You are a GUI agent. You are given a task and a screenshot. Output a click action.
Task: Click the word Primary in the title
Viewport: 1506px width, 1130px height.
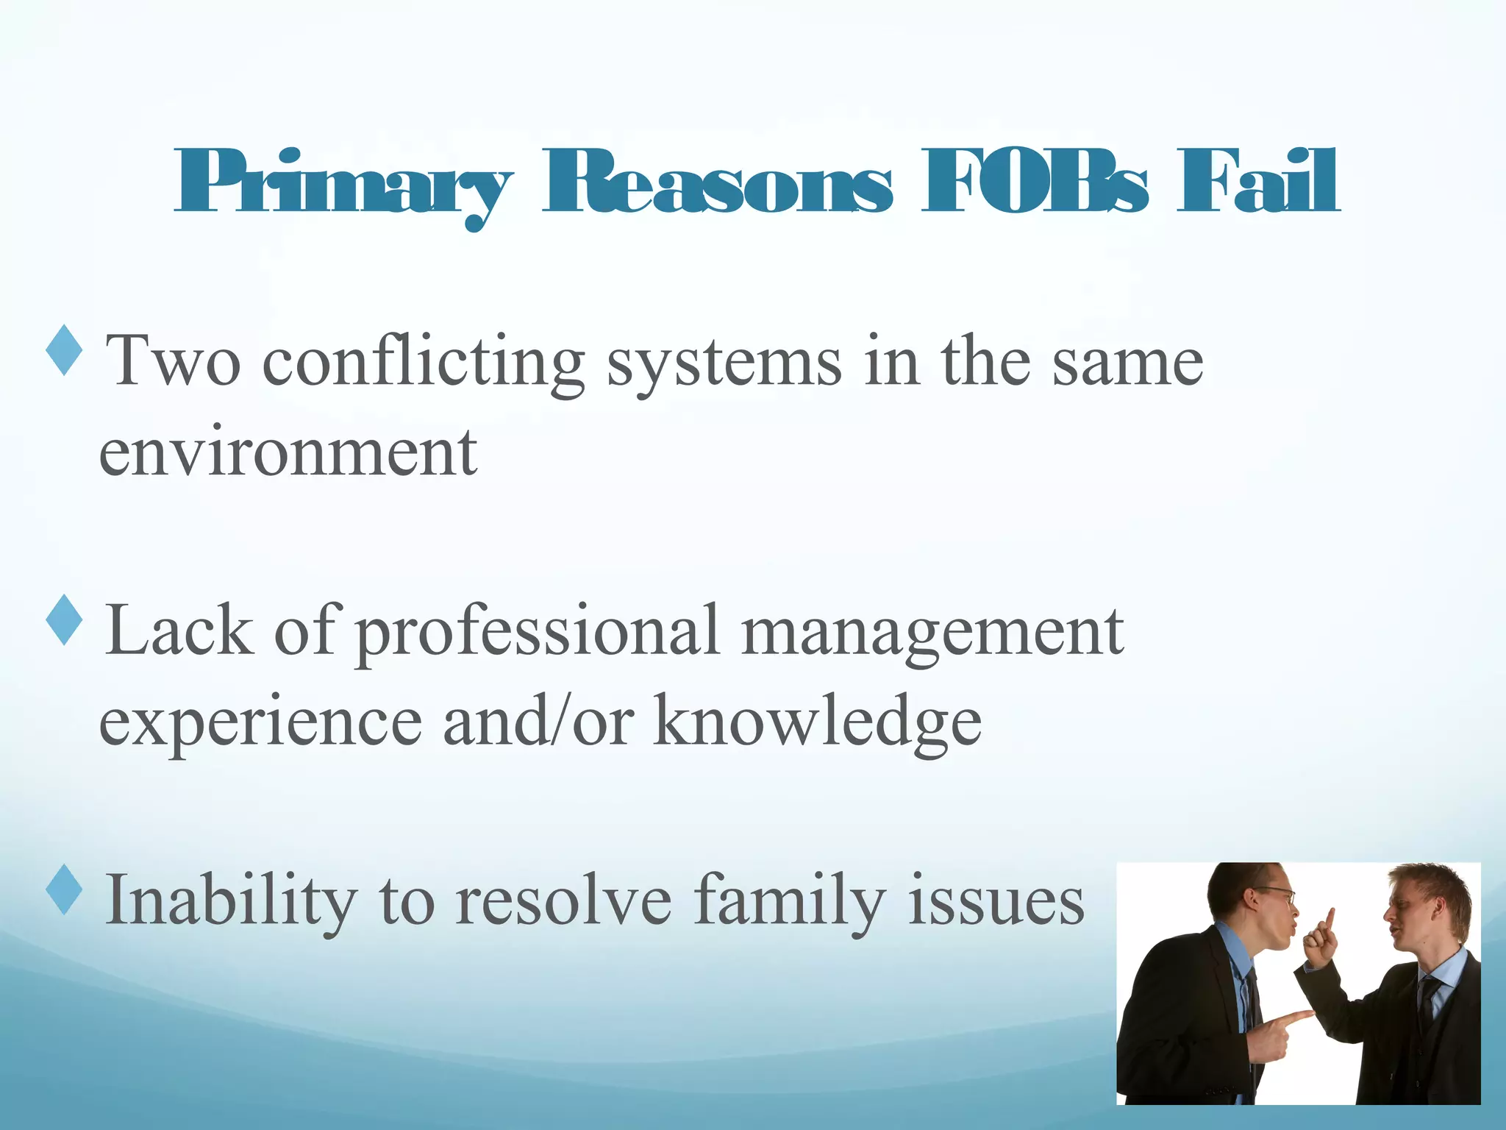tap(343, 184)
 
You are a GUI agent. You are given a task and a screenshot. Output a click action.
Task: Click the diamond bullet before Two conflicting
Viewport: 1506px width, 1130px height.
tap(65, 350)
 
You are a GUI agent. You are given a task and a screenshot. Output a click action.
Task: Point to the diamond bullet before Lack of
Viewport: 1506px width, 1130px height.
tap(65, 620)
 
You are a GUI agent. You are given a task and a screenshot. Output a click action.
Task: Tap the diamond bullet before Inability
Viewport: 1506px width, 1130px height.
tap(65, 889)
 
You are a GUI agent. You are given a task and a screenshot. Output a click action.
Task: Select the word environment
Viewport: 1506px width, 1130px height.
tap(288, 452)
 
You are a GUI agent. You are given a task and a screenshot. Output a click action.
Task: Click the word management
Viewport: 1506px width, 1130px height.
tap(932, 631)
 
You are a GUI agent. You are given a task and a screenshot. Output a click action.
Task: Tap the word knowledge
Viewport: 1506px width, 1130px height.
tap(818, 722)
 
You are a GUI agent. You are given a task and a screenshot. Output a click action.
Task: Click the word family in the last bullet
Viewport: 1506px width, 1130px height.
tap(791, 900)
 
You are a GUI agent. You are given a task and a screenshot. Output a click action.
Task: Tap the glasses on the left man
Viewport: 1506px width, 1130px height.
tap(1280, 894)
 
